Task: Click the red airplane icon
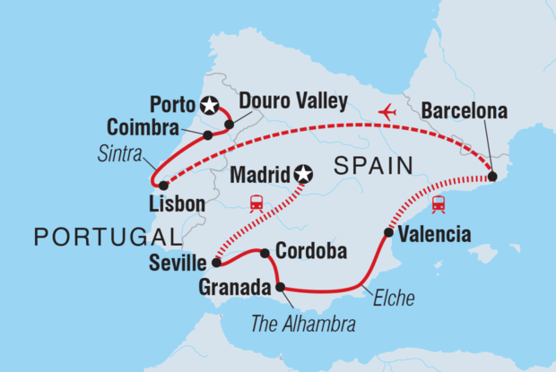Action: pos(387,112)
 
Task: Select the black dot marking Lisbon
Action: pos(163,186)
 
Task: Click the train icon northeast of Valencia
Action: pos(440,204)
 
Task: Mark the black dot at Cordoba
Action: pos(265,253)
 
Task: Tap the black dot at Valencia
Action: pos(387,233)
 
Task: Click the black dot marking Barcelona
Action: pos(492,177)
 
